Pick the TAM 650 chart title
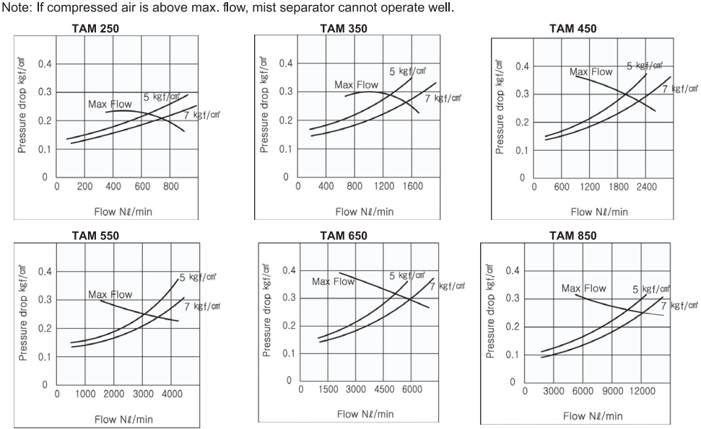click(343, 236)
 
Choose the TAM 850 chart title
click(572, 235)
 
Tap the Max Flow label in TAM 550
click(110, 294)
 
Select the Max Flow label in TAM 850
click(584, 288)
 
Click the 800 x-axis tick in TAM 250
click(170, 187)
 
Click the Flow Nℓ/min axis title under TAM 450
click(599, 211)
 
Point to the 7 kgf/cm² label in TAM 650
click(447, 287)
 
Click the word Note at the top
click(14, 7)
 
